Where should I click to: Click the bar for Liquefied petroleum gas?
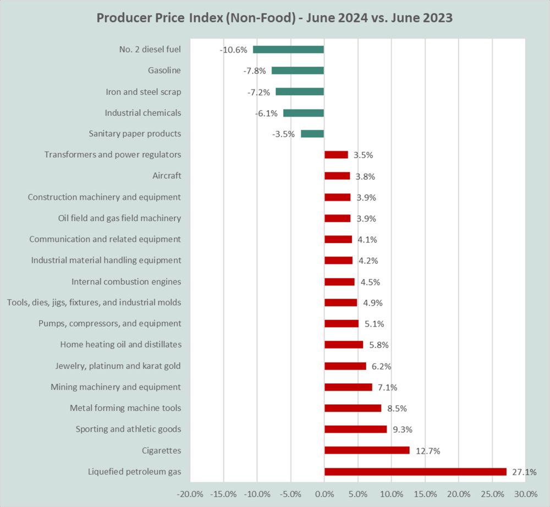(x=415, y=471)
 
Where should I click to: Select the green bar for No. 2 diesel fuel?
(x=288, y=49)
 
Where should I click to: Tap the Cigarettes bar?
(x=367, y=450)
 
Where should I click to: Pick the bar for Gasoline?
(x=298, y=70)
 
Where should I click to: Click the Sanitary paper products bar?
(x=312, y=134)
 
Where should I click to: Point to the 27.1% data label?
(x=524, y=472)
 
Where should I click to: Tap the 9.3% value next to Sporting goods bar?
(x=402, y=429)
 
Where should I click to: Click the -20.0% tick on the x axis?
(x=190, y=493)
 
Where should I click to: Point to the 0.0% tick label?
(x=324, y=493)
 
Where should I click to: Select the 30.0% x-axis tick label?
(x=526, y=493)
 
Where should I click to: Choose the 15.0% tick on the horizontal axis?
(x=425, y=493)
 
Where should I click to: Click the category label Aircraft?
(x=167, y=176)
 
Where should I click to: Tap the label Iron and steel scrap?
(x=143, y=92)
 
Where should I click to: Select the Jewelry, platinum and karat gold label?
(x=118, y=366)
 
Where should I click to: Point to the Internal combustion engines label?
(x=126, y=282)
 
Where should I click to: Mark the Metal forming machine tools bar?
(x=353, y=408)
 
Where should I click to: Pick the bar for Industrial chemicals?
(x=303, y=113)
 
